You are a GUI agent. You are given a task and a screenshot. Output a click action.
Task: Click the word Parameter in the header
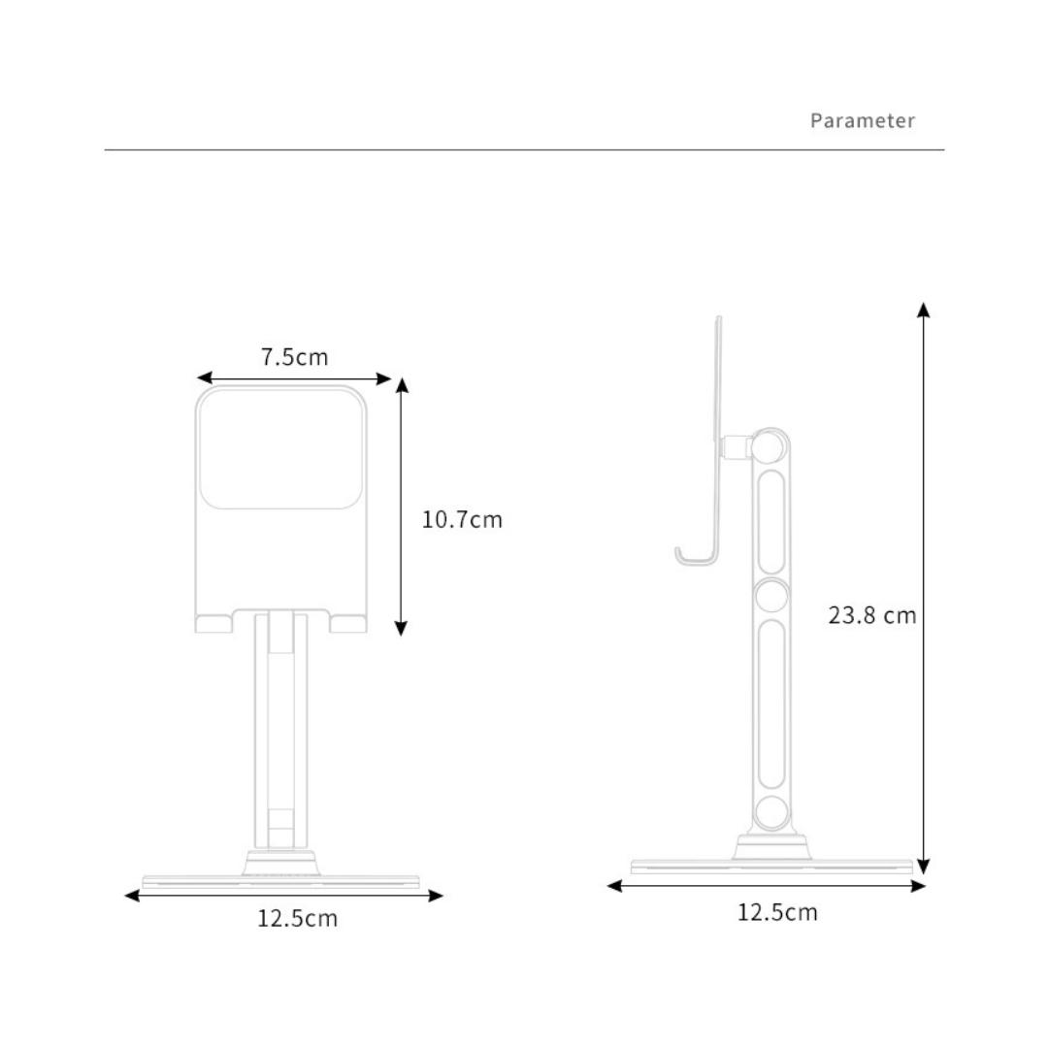[x=862, y=121]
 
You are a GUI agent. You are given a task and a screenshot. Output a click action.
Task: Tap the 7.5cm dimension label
[x=294, y=357]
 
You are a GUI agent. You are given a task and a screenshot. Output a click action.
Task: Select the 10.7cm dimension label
[x=462, y=519]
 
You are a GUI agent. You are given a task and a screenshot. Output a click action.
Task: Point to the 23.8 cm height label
[x=871, y=615]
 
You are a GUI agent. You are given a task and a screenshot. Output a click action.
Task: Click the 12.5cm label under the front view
[x=297, y=918]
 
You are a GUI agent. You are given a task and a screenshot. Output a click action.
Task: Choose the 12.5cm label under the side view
[x=777, y=912]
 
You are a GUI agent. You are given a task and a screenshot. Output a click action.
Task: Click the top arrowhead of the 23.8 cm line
[x=924, y=310]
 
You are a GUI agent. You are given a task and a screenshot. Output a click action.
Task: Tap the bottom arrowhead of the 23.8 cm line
[x=924, y=867]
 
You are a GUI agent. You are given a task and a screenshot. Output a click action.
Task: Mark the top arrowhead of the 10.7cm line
[x=402, y=385]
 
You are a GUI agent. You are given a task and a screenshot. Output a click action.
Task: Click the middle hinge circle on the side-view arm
[x=771, y=596]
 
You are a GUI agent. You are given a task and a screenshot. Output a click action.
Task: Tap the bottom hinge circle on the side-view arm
[x=771, y=811]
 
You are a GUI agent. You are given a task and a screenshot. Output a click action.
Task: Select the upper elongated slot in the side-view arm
[x=771, y=521]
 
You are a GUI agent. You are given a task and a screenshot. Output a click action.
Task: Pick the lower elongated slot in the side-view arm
[x=771, y=704]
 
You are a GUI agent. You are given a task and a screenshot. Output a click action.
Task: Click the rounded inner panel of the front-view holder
[x=281, y=449]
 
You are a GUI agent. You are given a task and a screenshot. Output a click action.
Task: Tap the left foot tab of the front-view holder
[x=213, y=623]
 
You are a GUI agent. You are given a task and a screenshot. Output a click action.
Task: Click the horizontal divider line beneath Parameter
[x=524, y=150]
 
